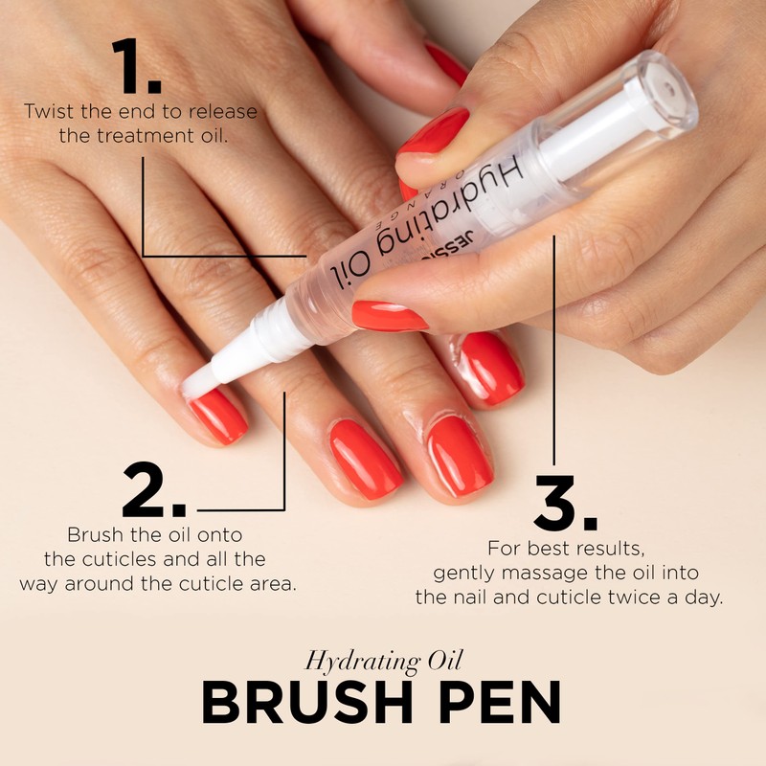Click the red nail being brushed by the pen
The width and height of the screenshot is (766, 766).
pyautogui.click(x=216, y=415)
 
